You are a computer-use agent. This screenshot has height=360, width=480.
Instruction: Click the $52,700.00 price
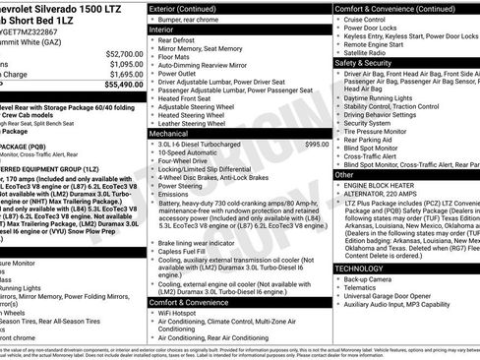coord(118,53)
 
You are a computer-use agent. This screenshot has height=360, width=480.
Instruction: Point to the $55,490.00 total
coord(118,86)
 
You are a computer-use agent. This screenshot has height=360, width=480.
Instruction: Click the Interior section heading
coord(168,30)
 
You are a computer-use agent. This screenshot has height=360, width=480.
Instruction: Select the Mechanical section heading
coord(174,131)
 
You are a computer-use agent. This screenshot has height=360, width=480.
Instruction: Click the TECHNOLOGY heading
coord(361,268)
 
